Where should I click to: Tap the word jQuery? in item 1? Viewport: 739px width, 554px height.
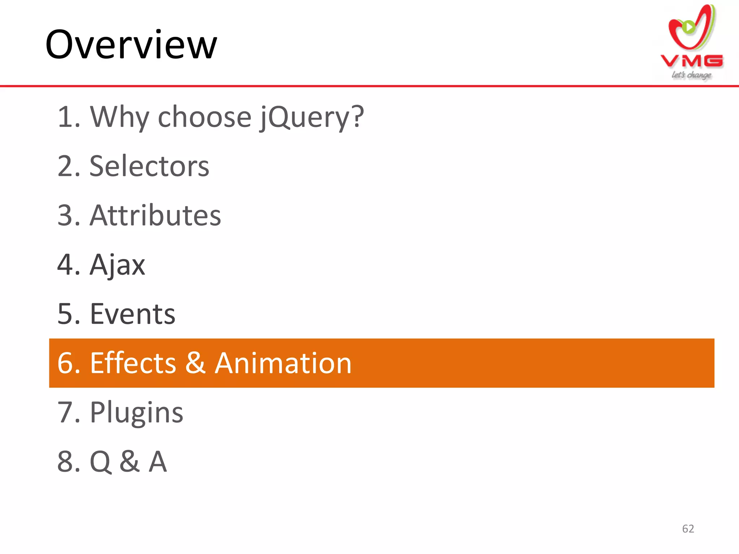[x=311, y=117]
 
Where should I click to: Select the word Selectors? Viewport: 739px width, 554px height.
[x=149, y=166]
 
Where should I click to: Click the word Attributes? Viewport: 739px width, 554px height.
[x=155, y=215]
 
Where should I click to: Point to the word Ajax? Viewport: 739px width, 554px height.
[x=117, y=265]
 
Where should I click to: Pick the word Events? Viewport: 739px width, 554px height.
[x=132, y=314]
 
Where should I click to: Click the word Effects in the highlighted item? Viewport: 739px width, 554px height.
[x=133, y=363]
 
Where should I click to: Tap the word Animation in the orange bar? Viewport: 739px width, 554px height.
[x=283, y=363]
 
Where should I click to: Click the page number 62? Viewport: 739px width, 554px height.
[x=688, y=529]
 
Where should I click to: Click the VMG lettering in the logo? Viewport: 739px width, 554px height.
[x=692, y=61]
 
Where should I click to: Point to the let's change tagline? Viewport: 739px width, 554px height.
[x=691, y=75]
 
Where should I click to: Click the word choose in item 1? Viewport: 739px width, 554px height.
[x=205, y=117]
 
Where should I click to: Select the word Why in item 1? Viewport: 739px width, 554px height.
[x=119, y=117]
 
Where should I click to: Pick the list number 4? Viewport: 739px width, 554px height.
[x=65, y=265]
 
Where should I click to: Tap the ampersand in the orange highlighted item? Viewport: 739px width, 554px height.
[x=195, y=363]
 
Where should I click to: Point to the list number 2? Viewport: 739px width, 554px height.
[x=65, y=166]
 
